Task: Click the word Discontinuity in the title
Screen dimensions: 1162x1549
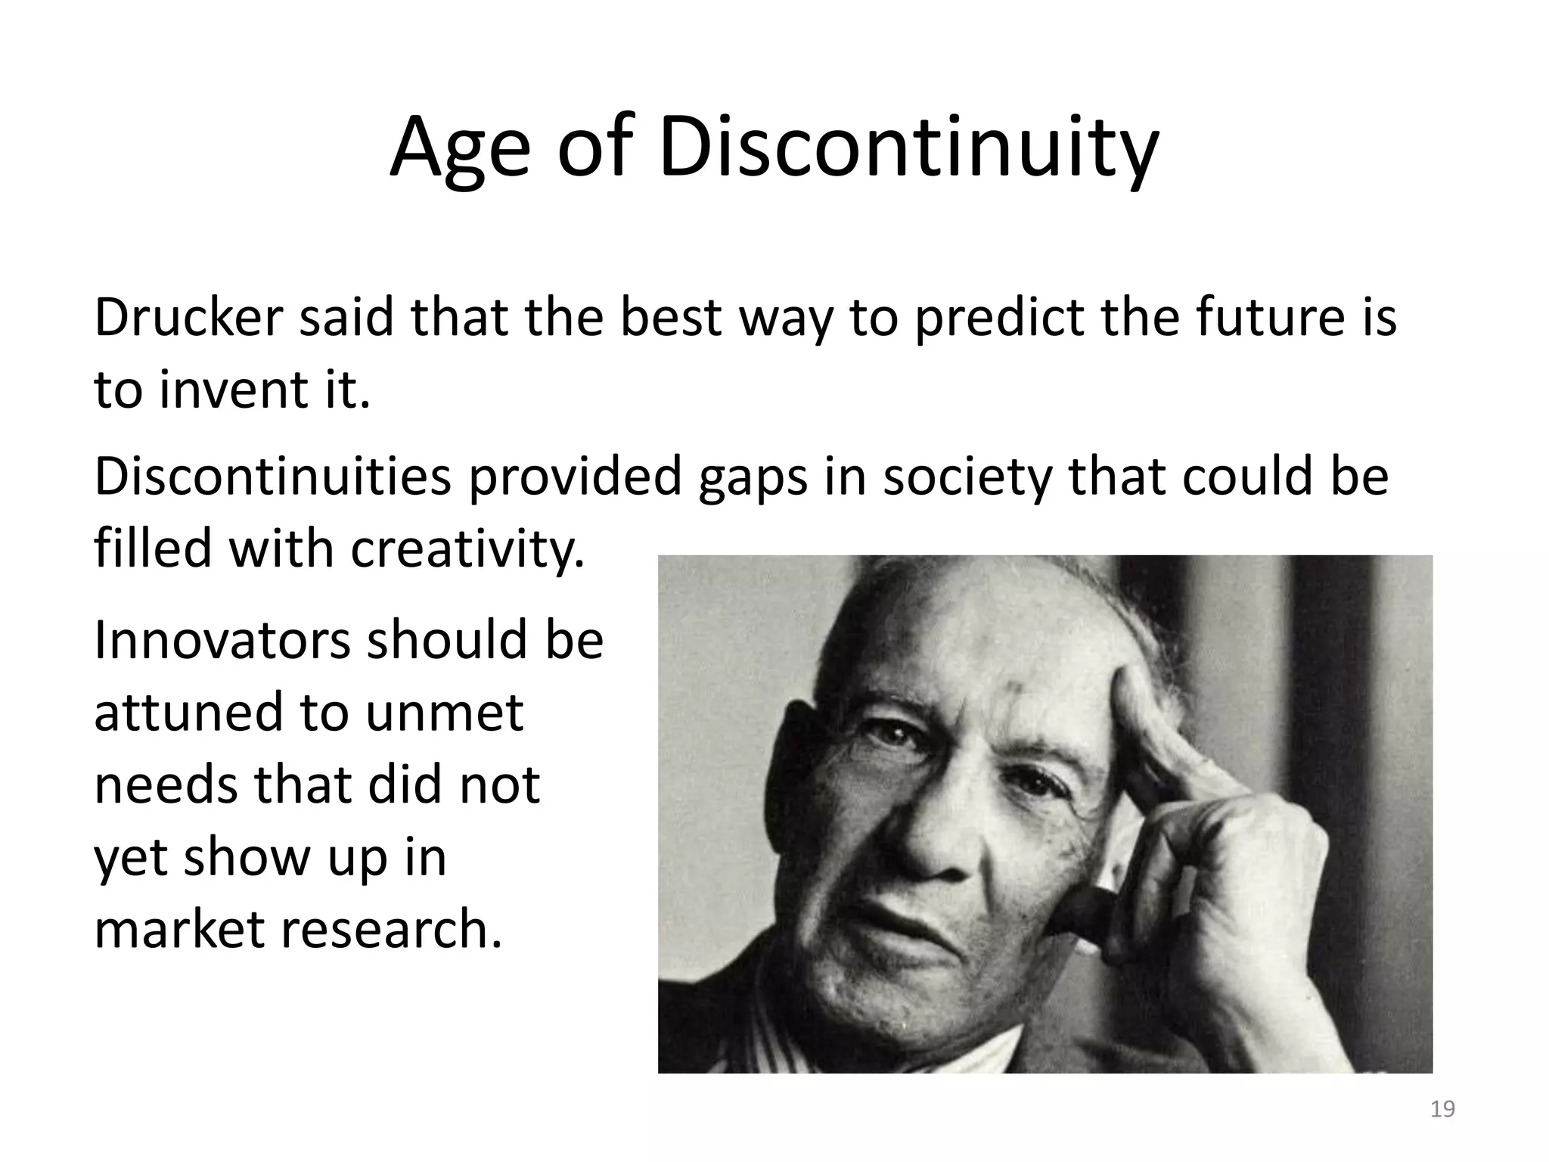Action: tap(908, 148)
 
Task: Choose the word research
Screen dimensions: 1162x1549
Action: tap(392, 929)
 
